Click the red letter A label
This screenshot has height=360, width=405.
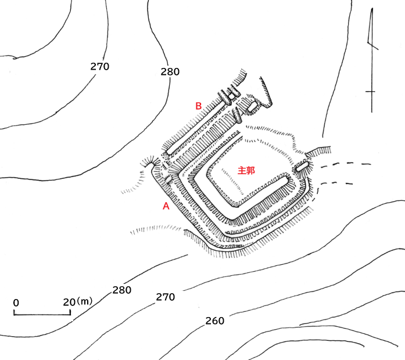166,206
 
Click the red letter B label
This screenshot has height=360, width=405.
198,106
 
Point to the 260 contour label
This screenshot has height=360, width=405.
214,321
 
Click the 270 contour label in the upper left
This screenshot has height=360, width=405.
100,66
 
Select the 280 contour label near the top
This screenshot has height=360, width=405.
170,72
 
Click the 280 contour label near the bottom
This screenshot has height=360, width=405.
121,290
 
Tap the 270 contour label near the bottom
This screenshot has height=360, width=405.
165,297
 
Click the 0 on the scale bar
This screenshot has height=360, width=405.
16,303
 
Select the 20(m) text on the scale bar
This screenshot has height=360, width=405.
77,302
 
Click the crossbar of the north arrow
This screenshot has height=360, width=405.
370,92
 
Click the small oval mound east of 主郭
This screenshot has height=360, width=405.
302,167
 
